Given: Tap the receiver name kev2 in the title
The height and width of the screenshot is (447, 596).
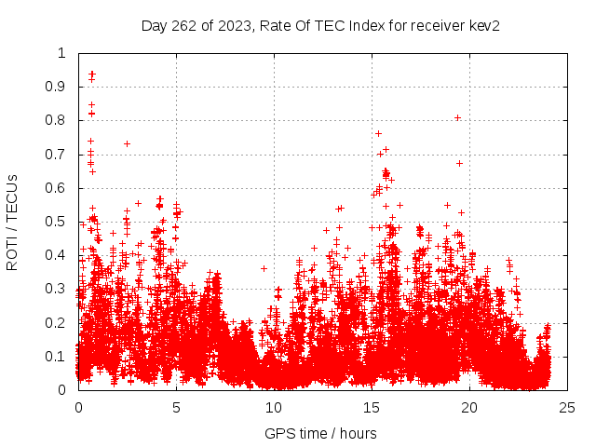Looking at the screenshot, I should [x=483, y=26].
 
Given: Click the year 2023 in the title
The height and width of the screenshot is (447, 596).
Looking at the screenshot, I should [x=233, y=26].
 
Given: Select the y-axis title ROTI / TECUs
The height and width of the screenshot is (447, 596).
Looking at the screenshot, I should [x=12, y=222].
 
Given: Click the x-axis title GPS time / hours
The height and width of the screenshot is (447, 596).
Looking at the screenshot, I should [x=320, y=433].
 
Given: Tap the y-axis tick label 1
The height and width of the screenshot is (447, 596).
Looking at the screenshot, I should [x=63, y=53].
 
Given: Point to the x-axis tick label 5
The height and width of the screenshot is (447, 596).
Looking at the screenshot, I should [x=176, y=407].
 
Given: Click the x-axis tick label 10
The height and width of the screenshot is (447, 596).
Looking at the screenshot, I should [x=274, y=407].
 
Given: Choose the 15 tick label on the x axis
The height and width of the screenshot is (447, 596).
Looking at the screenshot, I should [x=372, y=407].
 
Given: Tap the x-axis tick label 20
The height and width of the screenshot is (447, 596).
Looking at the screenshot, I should [x=469, y=407].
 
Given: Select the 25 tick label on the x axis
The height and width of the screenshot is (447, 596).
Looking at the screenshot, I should [x=567, y=407].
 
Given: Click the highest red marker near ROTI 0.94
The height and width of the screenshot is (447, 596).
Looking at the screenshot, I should [x=92, y=74].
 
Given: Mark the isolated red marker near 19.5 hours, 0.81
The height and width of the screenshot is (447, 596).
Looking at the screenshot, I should [x=458, y=117].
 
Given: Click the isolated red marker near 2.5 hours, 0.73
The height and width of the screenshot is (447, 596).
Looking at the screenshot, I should [x=127, y=143].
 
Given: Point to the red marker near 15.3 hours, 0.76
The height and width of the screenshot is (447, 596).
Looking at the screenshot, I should [x=378, y=133].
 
